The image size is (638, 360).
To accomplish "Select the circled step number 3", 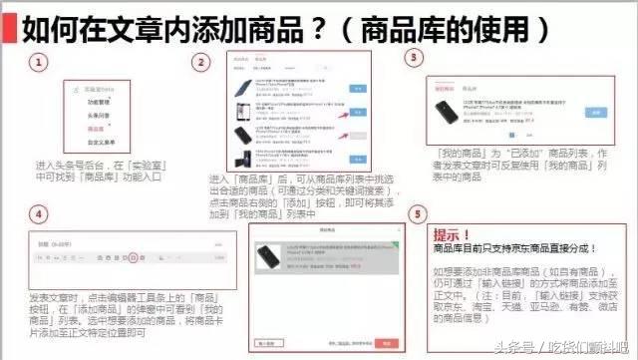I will [416, 59].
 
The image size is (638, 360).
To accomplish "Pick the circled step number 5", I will [418, 214].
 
